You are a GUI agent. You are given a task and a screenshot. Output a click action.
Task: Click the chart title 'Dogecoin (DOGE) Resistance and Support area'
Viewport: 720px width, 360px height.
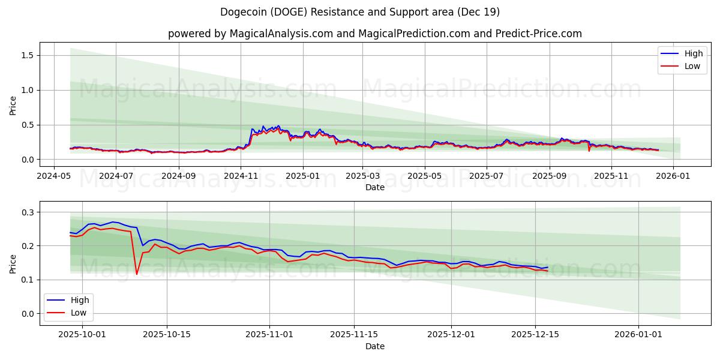coord(359,12)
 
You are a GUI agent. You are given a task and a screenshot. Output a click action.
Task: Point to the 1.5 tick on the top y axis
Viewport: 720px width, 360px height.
coord(27,55)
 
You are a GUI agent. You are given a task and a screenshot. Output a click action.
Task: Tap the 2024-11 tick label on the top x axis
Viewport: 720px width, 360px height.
coord(241,176)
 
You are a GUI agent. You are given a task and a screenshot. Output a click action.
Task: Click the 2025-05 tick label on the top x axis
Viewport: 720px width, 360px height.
coord(425,176)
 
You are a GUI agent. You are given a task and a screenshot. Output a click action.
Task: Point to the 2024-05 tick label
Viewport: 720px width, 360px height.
coord(54,176)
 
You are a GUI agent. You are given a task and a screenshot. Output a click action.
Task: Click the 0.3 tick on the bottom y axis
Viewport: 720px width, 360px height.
coord(27,212)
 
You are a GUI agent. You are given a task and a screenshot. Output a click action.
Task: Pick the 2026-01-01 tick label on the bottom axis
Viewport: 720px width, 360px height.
coord(638,335)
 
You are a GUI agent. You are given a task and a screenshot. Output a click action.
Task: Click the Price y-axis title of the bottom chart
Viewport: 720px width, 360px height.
coord(13,263)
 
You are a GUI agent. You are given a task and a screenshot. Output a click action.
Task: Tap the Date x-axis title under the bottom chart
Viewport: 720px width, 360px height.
coord(374,346)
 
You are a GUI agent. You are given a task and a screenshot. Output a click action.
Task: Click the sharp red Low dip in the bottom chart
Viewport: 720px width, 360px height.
coord(137,274)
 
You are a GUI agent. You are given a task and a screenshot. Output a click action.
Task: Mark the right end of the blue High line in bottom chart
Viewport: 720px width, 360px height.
coord(547,267)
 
